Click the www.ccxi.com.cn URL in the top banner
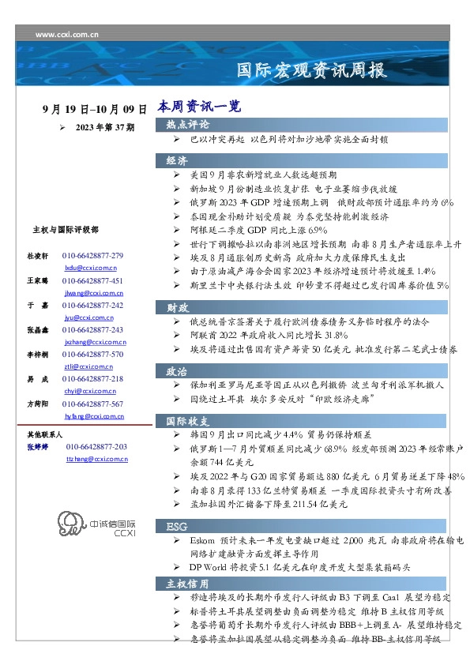[x=67, y=35]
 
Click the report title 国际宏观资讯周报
[x=312, y=70]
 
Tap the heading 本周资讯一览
[x=198, y=105]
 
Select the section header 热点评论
[x=188, y=125]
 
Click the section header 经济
[x=177, y=160]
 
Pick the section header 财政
[x=177, y=307]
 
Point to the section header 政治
[x=177, y=370]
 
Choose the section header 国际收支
[x=188, y=419]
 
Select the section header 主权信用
[x=188, y=584]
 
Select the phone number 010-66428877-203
[x=96, y=447]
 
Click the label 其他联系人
[x=45, y=434]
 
